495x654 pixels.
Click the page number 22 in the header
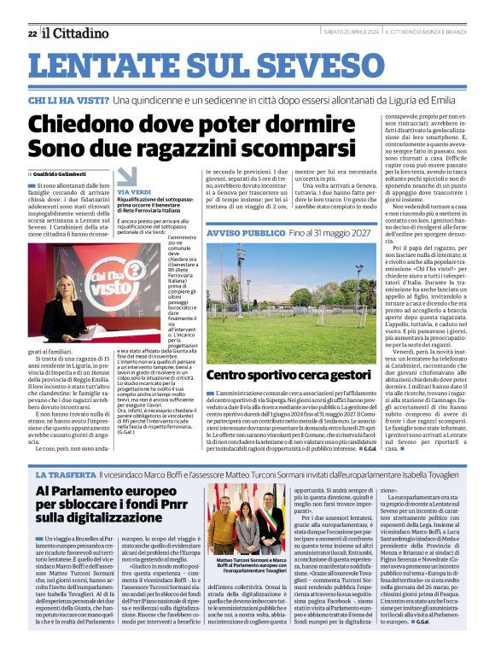tap(32, 32)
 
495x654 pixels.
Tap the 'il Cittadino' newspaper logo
tap(73, 32)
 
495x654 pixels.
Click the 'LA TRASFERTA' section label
tap(64, 472)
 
